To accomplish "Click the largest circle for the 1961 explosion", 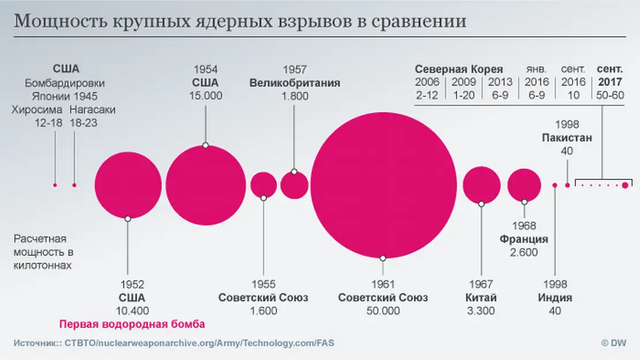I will [x=383, y=185].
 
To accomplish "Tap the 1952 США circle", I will [x=128, y=185].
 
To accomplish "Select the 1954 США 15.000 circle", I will [x=206, y=185].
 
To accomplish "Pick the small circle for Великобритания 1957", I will [x=295, y=185].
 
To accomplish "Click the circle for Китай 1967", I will [x=481, y=185].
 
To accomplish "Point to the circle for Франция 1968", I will [x=524, y=185].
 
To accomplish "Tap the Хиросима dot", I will [x=55, y=185].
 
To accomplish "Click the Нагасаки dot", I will [x=74, y=185].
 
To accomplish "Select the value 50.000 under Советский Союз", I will [x=383, y=311].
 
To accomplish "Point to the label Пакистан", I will [x=567, y=138].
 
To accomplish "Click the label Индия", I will [x=555, y=298].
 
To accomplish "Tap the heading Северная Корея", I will [x=459, y=69].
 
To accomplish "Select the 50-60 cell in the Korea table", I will [x=611, y=95].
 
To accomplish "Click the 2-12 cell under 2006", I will [x=427, y=95].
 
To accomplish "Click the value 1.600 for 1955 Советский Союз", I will [x=263, y=311].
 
